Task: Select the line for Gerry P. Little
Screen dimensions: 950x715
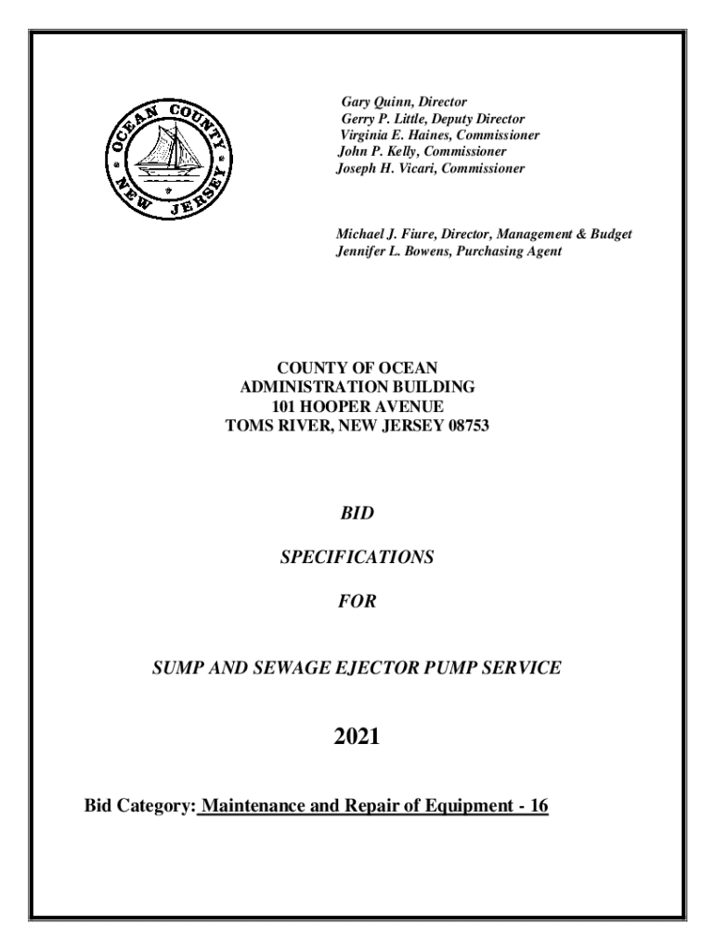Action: (433, 119)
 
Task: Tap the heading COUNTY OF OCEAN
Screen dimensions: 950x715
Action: (357, 369)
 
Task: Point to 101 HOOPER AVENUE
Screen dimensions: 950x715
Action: (357, 407)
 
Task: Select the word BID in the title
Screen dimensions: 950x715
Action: (357, 512)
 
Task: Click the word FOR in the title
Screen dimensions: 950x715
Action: (357, 602)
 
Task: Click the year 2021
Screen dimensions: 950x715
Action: (357, 738)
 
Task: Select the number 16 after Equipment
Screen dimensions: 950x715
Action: (538, 806)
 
